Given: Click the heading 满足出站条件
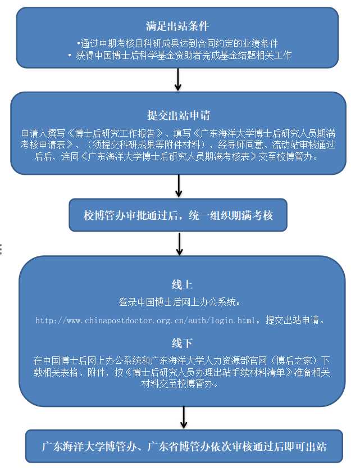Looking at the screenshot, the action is [177, 26].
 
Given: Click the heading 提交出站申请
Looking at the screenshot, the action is [179, 115].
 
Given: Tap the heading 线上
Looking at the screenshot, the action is [182, 284].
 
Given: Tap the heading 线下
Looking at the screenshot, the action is [182, 343].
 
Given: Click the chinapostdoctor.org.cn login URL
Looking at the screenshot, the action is [145, 320].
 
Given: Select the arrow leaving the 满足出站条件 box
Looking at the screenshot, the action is [178, 79].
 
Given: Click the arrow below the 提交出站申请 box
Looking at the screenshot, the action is [179, 186].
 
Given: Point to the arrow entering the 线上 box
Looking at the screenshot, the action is [179, 244].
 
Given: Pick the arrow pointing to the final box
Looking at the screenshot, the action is [184, 418].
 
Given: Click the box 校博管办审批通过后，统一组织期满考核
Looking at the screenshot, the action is [178, 215].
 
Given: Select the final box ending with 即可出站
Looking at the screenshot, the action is [184, 446].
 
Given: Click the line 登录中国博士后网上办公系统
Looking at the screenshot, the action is [179, 302].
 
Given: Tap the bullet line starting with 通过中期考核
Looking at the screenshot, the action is [177, 43].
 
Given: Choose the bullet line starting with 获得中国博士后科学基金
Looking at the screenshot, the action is [180, 55].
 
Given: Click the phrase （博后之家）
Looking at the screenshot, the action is [294, 360].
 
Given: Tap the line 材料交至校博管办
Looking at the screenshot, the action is [180, 383].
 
